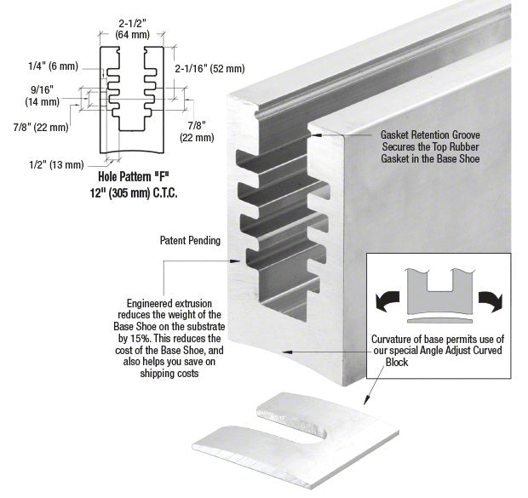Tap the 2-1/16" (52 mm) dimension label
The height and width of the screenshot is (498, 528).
coord(209,68)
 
